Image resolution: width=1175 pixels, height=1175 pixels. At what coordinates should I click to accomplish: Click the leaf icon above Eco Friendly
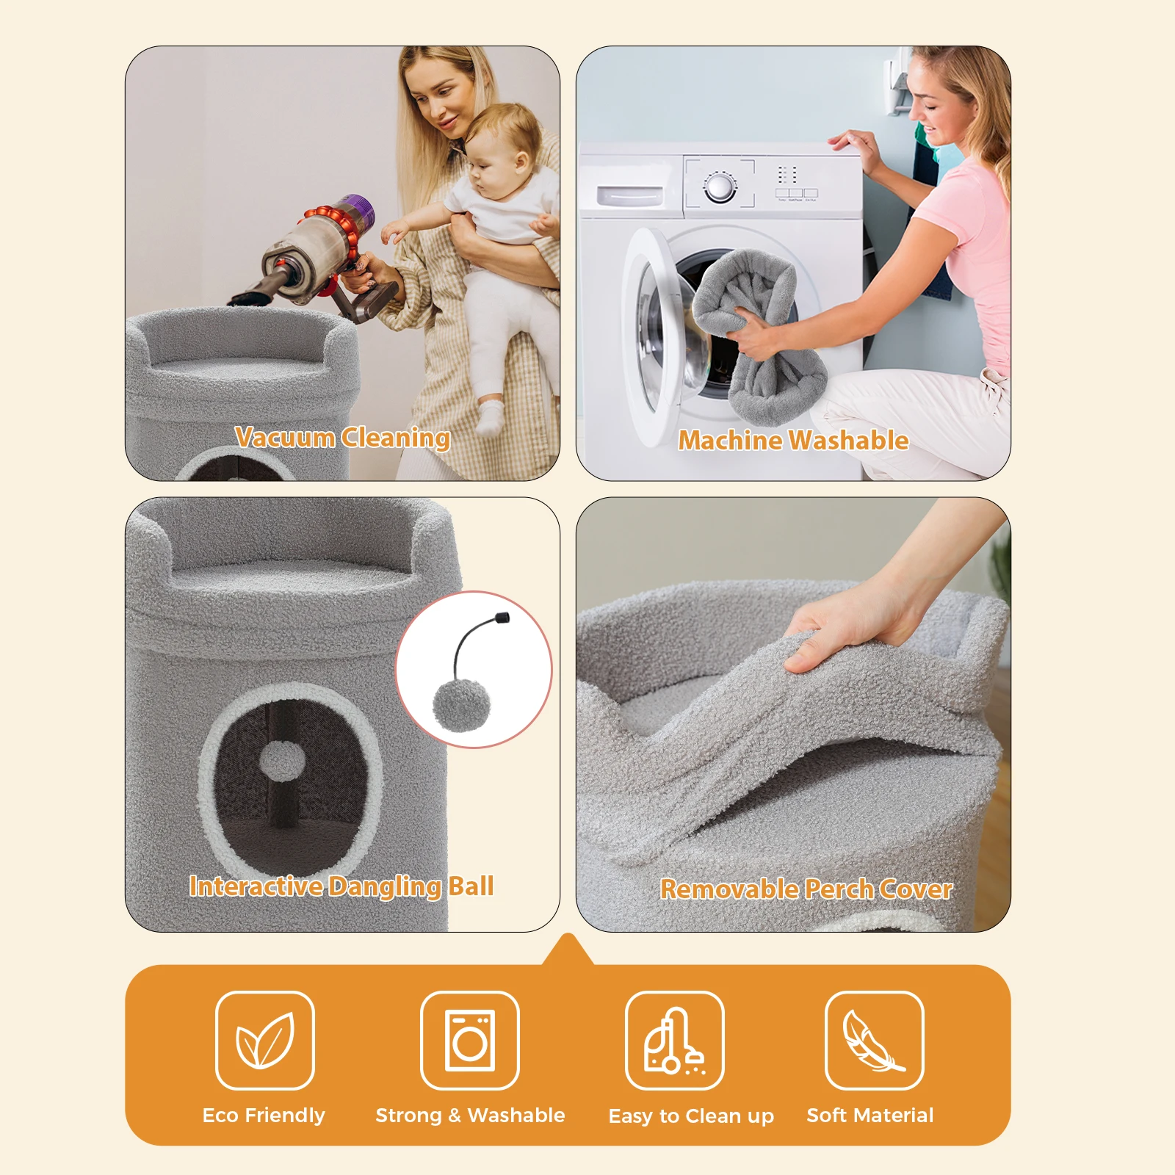coord(265,1040)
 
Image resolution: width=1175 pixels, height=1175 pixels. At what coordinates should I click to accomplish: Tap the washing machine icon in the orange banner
coord(470,1040)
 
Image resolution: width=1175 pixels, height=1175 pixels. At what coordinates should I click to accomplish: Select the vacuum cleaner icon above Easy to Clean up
coord(674,1041)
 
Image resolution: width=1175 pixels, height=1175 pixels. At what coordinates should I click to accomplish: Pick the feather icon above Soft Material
coord(873,1041)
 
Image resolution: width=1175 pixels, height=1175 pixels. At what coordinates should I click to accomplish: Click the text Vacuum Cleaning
coord(343,438)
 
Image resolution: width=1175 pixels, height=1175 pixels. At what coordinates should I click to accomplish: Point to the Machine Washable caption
coord(793,440)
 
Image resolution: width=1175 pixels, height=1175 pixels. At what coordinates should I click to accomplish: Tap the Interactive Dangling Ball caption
coord(341,886)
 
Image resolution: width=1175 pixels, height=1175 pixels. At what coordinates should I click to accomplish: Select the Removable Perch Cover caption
coord(806,889)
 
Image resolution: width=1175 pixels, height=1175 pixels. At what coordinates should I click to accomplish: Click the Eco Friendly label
coord(264,1115)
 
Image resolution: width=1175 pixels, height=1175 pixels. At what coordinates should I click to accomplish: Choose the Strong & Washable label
coord(470,1115)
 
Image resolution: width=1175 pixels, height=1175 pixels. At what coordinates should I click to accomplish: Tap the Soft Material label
coord(870,1115)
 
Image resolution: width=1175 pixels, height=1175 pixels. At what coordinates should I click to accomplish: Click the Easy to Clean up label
coord(691,1116)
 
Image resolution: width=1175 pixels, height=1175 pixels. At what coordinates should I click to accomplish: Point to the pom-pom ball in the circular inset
coord(461,705)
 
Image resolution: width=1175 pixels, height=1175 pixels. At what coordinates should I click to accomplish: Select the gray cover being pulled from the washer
coord(757,334)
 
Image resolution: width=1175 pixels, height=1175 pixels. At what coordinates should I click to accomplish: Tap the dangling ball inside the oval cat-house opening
coord(283,760)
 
